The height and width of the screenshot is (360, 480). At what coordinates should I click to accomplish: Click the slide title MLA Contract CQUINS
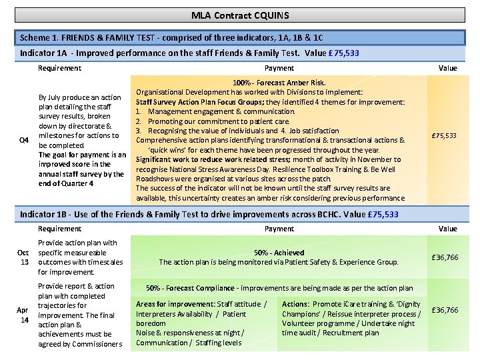[x=239, y=15]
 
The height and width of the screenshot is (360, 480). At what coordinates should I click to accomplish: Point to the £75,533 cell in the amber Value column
[x=445, y=136]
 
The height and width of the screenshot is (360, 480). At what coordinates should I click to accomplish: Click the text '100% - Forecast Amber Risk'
[x=279, y=83]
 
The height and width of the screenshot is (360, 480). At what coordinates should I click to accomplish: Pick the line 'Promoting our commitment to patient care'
[x=219, y=121]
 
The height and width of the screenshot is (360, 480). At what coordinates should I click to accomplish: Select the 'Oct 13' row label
[x=24, y=257]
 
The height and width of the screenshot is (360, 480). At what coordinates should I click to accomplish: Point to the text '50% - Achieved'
[x=279, y=253]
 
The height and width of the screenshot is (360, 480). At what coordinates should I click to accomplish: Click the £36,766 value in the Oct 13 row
[x=445, y=257]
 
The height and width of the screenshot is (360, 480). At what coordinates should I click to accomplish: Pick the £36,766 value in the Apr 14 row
[x=445, y=310]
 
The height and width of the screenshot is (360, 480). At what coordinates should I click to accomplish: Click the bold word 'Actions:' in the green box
[x=296, y=304]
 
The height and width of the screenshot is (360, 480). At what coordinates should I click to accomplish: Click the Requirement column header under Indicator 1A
[x=59, y=68]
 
